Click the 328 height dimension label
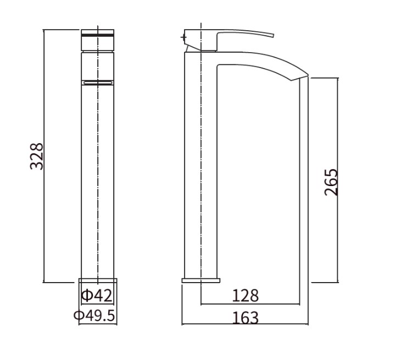(37, 156)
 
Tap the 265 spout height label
(331, 182)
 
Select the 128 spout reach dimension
(245, 296)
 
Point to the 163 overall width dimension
(246, 318)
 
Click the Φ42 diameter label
(97, 296)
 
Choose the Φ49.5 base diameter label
(94, 316)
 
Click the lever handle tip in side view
(274, 35)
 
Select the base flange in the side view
(200, 280)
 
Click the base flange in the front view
(98, 280)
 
